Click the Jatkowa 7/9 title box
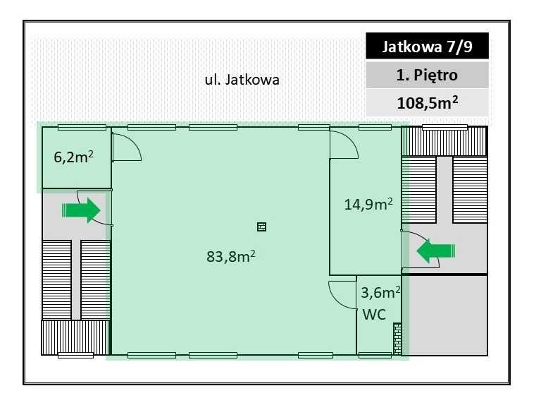pos(427,48)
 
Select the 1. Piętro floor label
pos(427,75)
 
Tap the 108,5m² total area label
pos(427,102)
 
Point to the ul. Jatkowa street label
pos(242,80)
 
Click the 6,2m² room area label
pos(74,157)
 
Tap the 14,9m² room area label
pos(368,205)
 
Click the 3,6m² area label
pos(380,291)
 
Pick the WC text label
pos(373,315)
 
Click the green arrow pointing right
pos(81,210)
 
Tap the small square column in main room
pos(261,227)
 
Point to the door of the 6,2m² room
pos(128,146)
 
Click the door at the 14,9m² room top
pos(345,144)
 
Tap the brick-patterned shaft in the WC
pos(397,338)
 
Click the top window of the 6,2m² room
pos(82,127)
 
